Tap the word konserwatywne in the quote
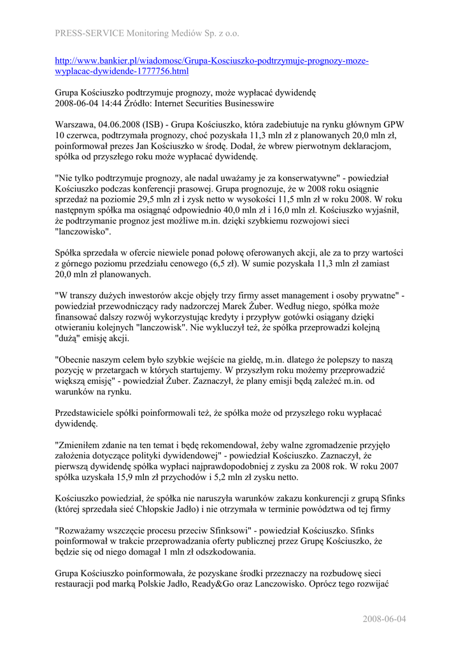click(287, 178)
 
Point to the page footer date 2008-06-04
click(384, 619)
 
